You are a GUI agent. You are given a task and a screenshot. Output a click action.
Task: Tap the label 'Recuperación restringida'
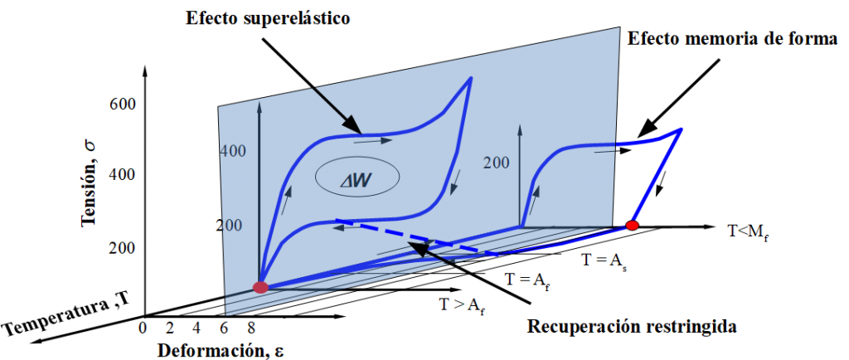632,326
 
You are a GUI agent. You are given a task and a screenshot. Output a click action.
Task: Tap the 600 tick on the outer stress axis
122,105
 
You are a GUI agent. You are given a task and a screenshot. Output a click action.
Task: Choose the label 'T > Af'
462,305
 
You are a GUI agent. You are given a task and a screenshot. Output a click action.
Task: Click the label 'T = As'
604,260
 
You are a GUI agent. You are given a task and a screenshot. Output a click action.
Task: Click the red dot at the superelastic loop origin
260,288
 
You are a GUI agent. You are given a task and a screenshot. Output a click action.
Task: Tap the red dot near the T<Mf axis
632,225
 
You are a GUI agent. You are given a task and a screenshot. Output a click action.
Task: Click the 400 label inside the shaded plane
235,152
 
